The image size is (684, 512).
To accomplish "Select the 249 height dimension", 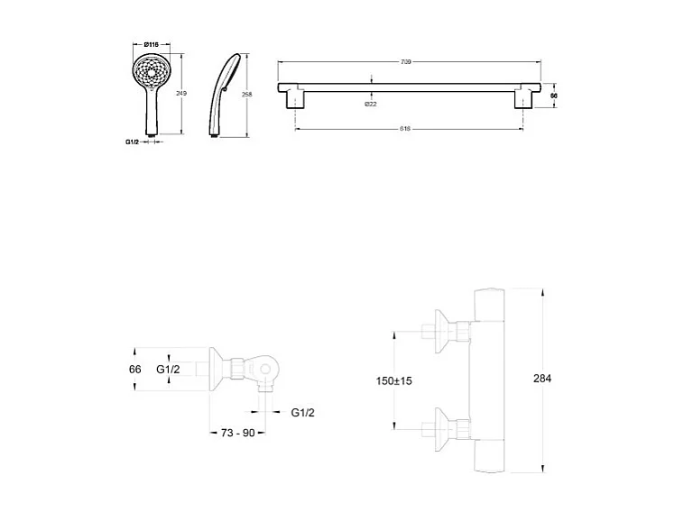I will tap(181, 94).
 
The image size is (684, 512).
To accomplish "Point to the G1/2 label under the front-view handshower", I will tap(132, 142).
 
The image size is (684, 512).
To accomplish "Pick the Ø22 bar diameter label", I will tap(370, 104).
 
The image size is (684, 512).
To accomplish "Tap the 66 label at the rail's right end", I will tap(554, 95).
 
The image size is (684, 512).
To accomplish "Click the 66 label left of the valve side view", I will tap(135, 370).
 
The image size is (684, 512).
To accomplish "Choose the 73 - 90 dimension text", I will tap(239, 433).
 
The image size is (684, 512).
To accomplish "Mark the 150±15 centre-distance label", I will tap(394, 381).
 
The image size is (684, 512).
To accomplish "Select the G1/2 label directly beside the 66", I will tap(169, 370).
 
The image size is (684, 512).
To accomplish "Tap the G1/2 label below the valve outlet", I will tap(303, 412).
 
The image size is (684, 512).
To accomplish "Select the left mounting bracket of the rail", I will tap(297, 97).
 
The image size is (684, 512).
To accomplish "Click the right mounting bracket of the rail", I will tap(524, 97).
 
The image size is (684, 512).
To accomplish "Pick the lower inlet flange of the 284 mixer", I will tap(442, 426).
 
